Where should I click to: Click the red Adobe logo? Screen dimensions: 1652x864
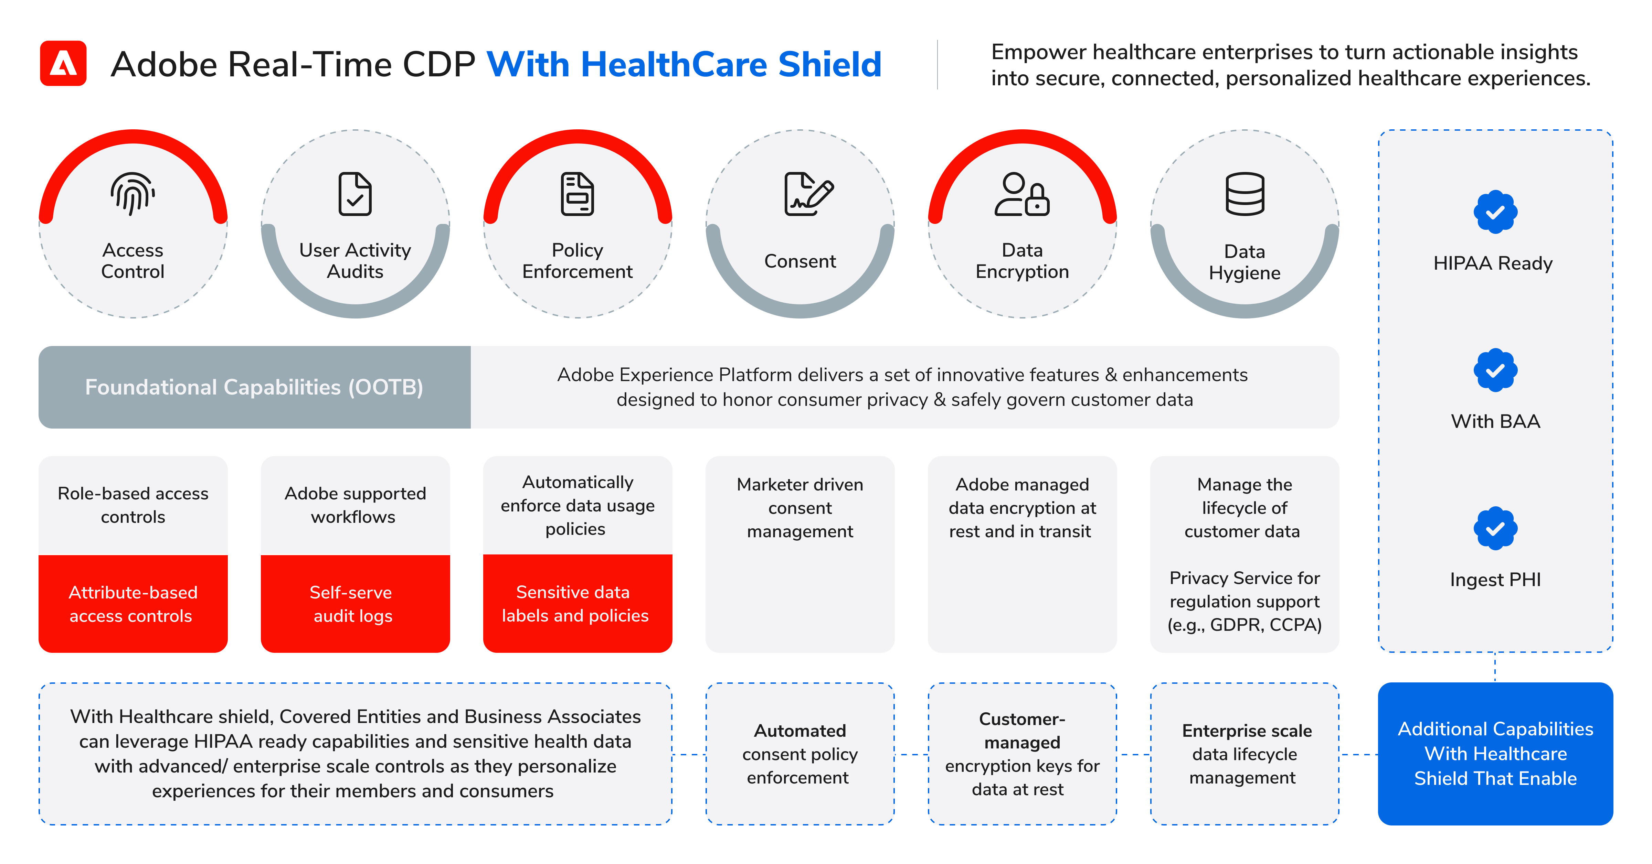63,63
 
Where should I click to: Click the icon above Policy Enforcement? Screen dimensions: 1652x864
577,194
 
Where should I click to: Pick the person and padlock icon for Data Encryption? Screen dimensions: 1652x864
1021,194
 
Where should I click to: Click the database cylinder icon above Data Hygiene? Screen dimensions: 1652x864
1245,194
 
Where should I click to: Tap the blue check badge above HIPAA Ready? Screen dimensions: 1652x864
1495,212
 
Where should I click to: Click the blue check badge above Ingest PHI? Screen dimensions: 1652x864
1495,528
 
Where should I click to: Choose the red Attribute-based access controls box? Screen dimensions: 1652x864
133,604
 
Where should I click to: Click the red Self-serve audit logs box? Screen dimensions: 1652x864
355,604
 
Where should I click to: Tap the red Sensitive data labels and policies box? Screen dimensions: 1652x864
577,604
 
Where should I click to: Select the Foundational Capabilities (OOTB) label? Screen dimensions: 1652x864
254,387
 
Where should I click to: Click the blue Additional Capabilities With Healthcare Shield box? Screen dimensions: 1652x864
1495,754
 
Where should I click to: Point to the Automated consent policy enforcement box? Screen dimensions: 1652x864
800,754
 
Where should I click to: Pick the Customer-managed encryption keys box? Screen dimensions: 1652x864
1022,754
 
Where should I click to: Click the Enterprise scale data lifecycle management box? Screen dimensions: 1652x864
1245,754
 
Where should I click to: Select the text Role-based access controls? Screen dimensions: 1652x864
133,505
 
